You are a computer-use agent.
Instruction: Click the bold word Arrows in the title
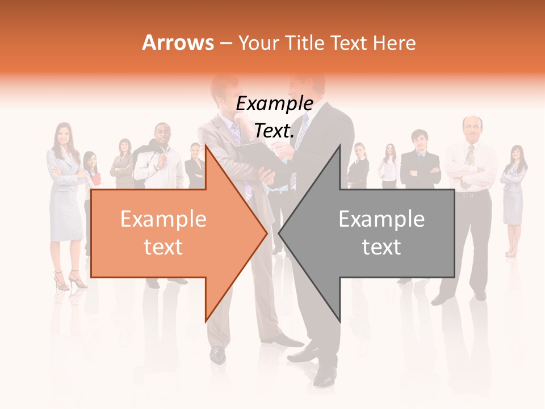[x=178, y=43]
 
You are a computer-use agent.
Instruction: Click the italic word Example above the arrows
[x=274, y=104]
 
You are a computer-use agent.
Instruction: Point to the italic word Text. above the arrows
[x=274, y=131]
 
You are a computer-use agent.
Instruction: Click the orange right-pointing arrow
[x=170, y=233]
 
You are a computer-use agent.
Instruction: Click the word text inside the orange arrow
[x=163, y=247]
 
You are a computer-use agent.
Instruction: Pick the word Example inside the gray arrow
[x=381, y=219]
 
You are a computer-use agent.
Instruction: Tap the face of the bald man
[x=471, y=128]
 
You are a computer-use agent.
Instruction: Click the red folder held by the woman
[x=96, y=179]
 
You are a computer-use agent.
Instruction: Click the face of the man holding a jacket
[x=162, y=135]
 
